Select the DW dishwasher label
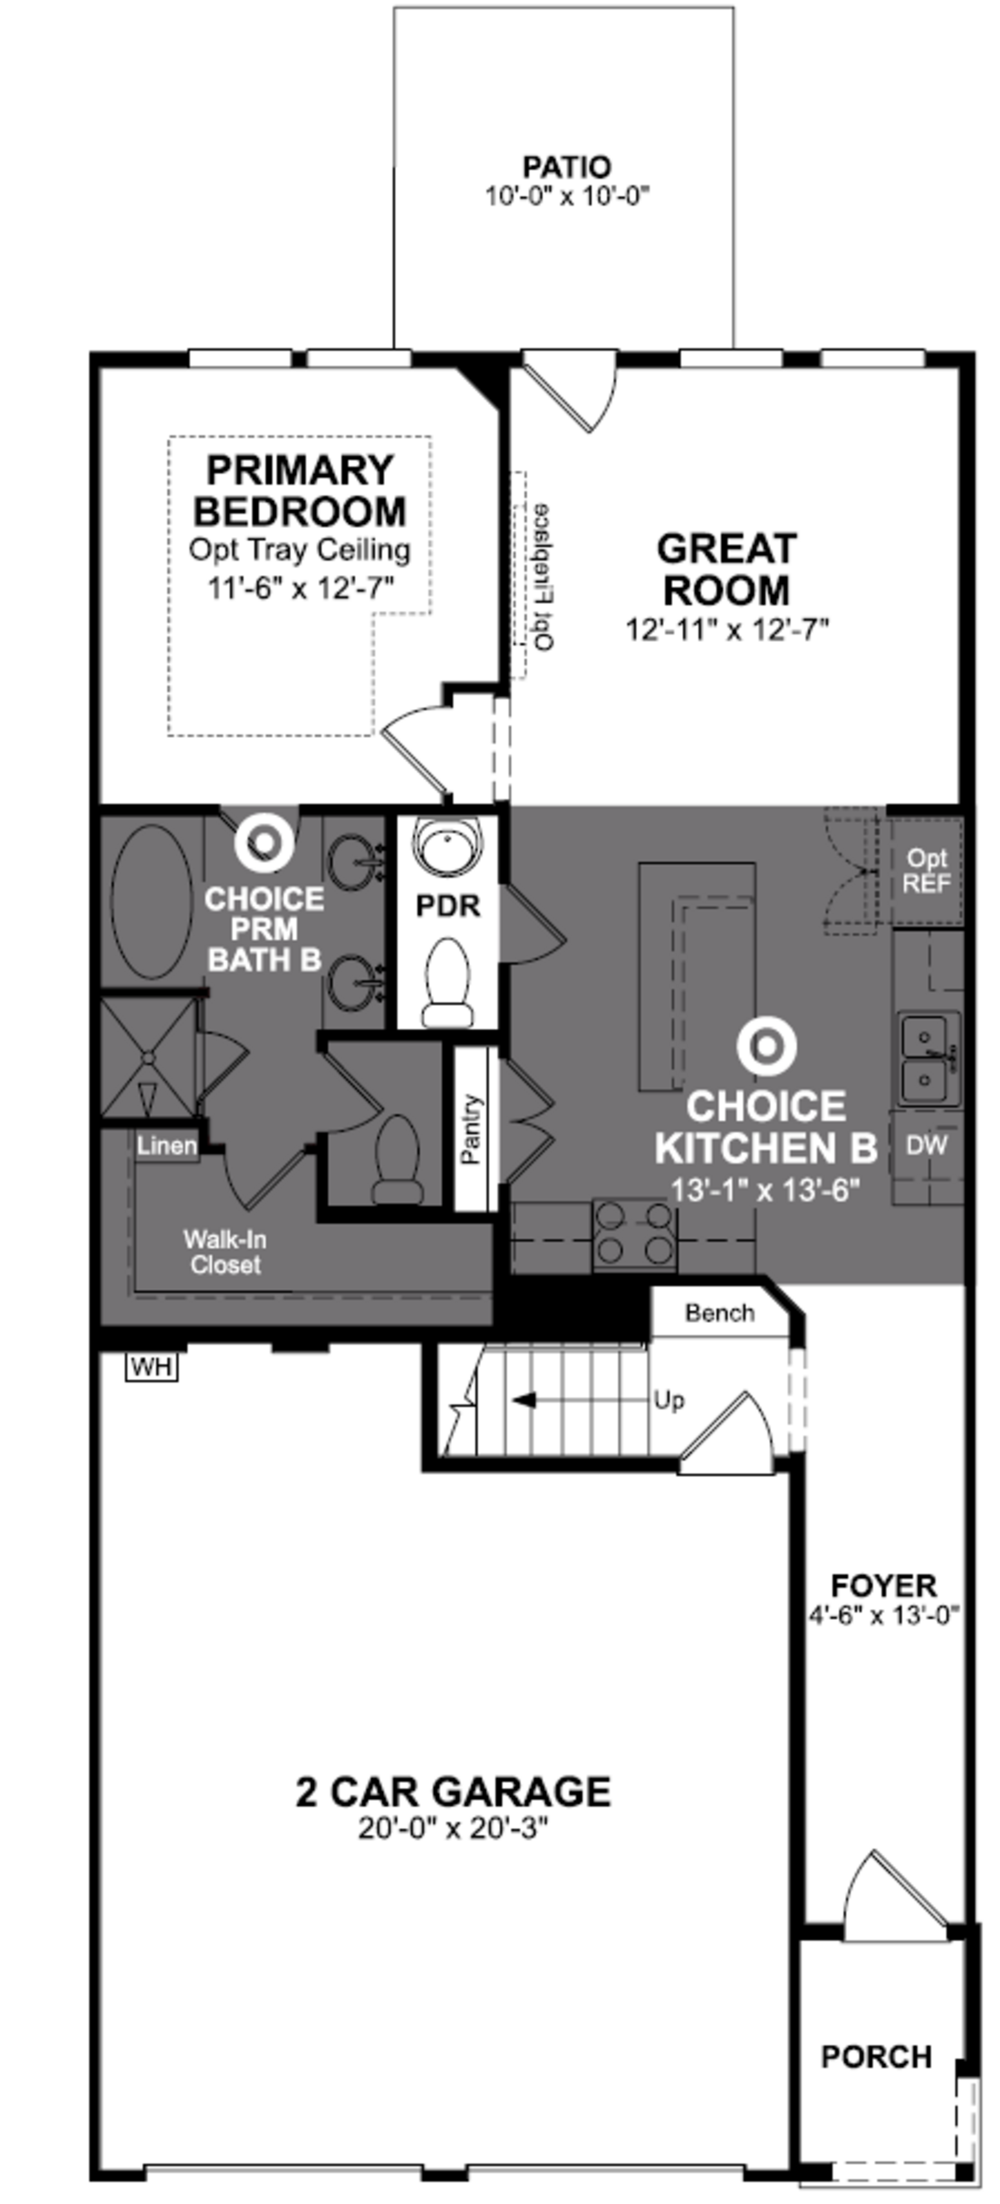pos(927,1146)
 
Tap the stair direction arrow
pos(523,1400)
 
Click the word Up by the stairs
pos(669,1401)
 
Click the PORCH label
pos(876,2056)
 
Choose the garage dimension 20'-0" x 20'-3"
pos(453,1829)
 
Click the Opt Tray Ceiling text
pos(299,549)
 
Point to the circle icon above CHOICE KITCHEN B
pos(766,1045)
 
